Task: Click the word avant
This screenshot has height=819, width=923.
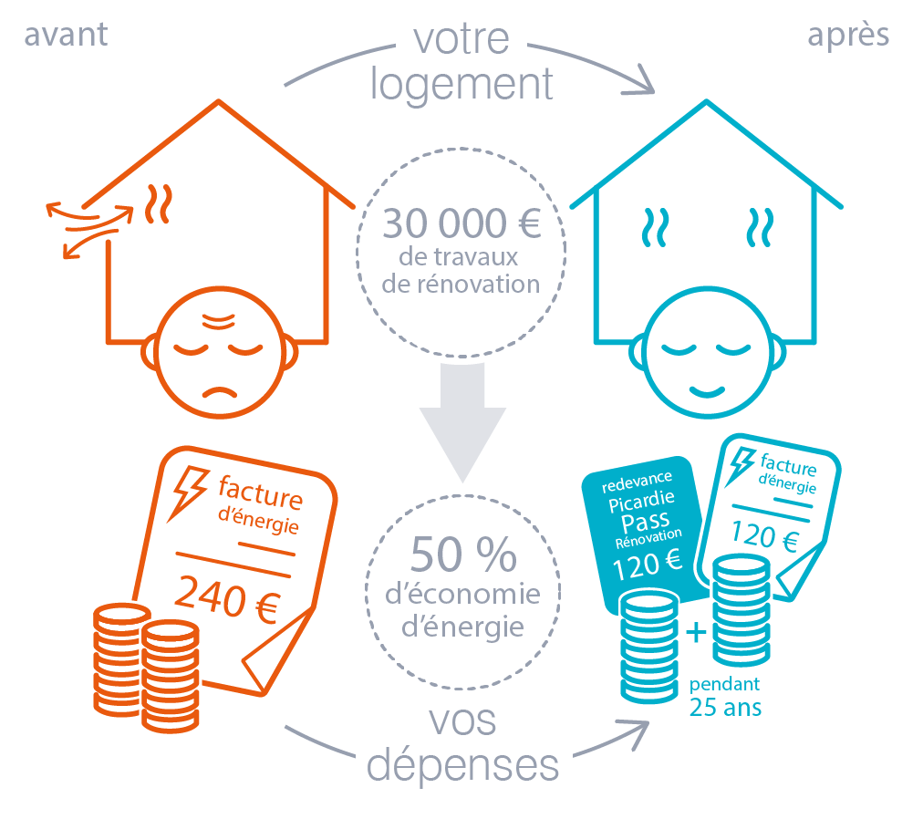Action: click(66, 35)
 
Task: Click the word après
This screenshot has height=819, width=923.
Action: click(848, 35)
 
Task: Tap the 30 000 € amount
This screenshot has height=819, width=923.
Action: click(461, 223)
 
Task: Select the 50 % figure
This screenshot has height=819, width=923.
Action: click(462, 553)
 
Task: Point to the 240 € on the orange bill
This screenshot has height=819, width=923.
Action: click(226, 599)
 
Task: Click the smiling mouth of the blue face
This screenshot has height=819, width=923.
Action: click(705, 390)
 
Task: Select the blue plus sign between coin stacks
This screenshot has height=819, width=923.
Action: click(695, 633)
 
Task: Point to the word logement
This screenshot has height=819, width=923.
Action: click(461, 85)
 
